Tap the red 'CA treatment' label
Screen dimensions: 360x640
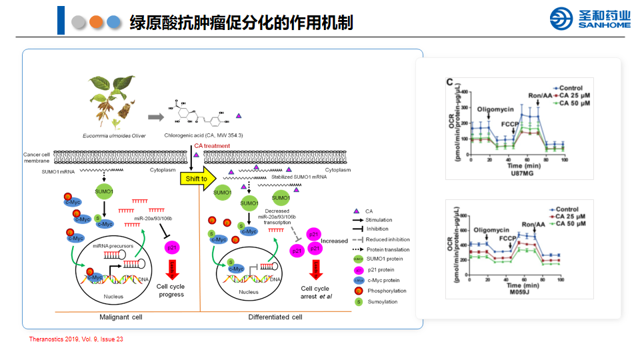(212, 146)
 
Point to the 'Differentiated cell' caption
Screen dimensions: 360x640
(275, 317)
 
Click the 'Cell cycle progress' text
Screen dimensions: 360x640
(170, 291)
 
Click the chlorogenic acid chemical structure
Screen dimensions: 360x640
(200, 115)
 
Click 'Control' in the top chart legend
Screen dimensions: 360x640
(571, 88)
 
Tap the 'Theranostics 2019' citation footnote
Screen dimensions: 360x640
(77, 340)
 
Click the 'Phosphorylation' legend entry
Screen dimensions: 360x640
(386, 291)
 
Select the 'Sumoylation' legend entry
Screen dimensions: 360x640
(383, 302)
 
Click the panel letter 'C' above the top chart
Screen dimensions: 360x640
(450, 81)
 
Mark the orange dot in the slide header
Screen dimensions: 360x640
(97, 22)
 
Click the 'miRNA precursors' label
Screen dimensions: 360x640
(113, 246)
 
